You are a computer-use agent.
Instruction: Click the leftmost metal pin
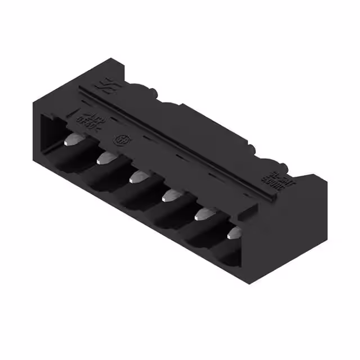pos(71,139)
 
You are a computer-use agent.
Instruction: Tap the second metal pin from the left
pos(103,159)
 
